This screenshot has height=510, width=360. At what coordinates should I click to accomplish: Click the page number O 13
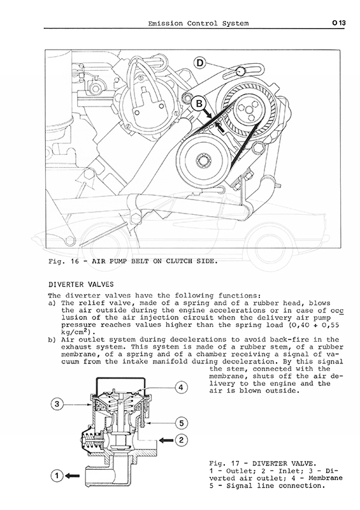coord(339,23)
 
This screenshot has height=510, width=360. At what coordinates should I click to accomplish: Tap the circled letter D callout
coord(200,62)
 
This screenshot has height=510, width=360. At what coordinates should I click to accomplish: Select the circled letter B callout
coord(199,103)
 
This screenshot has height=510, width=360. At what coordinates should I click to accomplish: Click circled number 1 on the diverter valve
coord(57,476)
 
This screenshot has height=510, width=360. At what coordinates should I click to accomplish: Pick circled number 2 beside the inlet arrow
coord(182,440)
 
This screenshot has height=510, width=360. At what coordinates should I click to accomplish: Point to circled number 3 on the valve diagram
coord(57,404)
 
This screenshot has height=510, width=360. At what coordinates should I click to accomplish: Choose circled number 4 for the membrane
coord(182,388)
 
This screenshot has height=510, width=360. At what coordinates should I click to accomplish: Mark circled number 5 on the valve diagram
coord(182,423)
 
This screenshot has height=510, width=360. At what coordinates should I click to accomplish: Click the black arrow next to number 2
coord(167,441)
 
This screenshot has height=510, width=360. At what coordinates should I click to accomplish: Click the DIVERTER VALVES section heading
coord(81,284)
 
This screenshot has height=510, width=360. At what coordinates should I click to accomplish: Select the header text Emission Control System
coord(198,24)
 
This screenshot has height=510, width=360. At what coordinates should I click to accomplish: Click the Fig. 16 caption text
coord(133,261)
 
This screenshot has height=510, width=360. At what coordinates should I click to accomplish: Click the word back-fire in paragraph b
coord(292,340)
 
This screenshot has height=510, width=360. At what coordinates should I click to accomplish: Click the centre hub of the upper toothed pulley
coord(248,109)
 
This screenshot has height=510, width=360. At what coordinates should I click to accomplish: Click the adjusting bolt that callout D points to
coord(240,71)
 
